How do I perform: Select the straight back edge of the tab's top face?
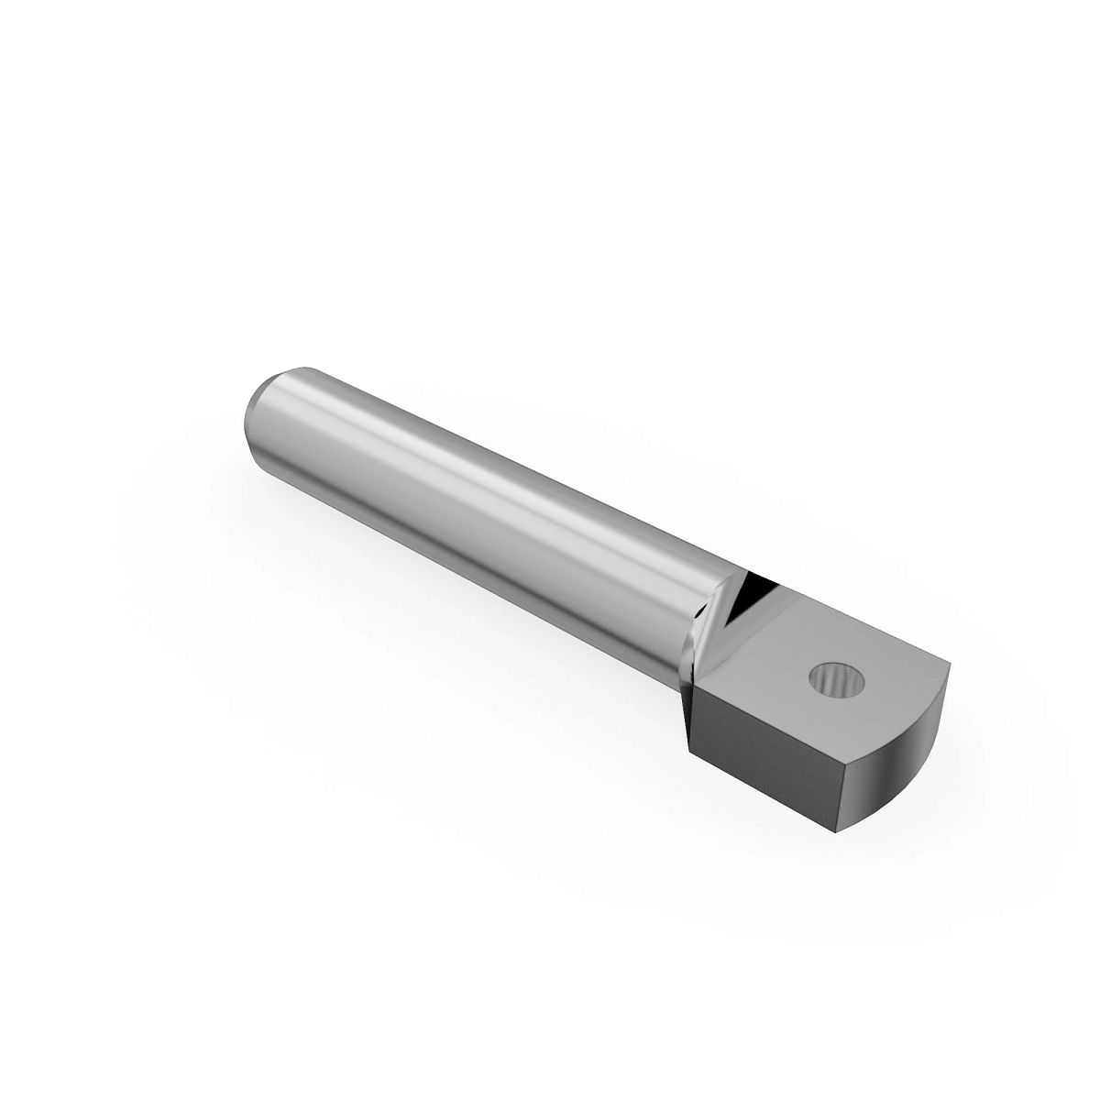(x=862, y=614)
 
